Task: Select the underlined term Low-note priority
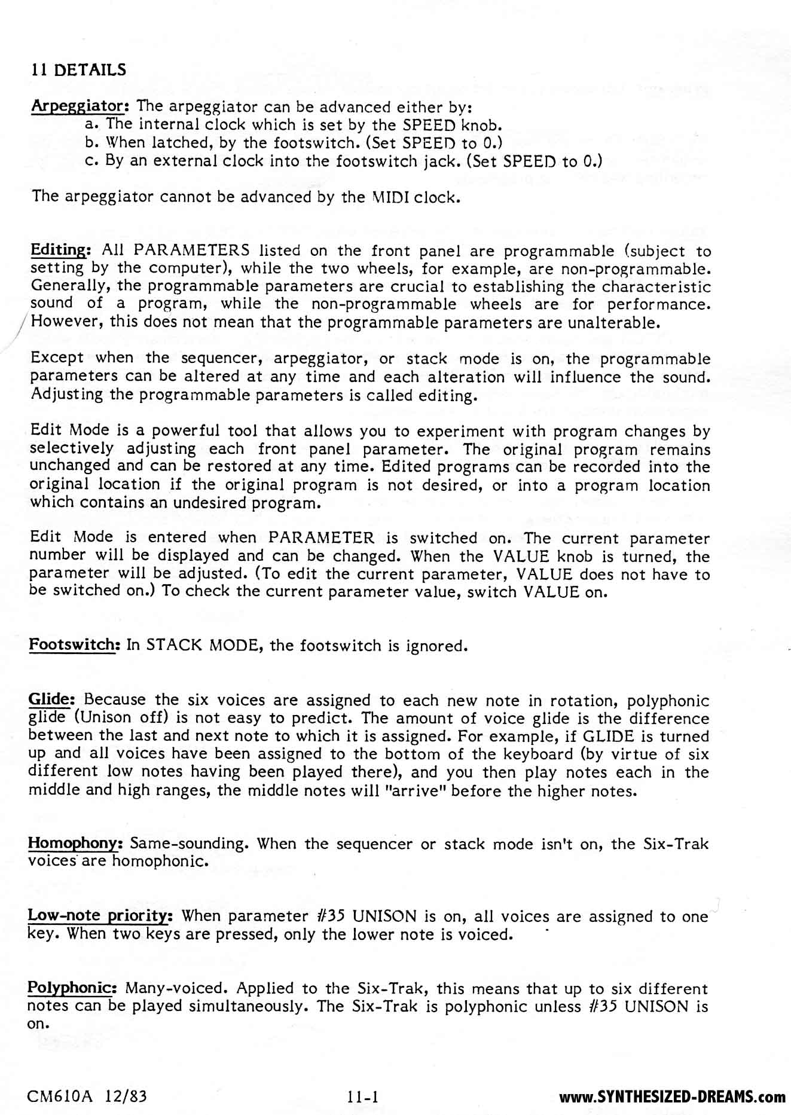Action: (100, 916)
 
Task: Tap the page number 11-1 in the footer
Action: (364, 1097)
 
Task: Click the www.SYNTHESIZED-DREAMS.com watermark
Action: (671, 1097)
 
